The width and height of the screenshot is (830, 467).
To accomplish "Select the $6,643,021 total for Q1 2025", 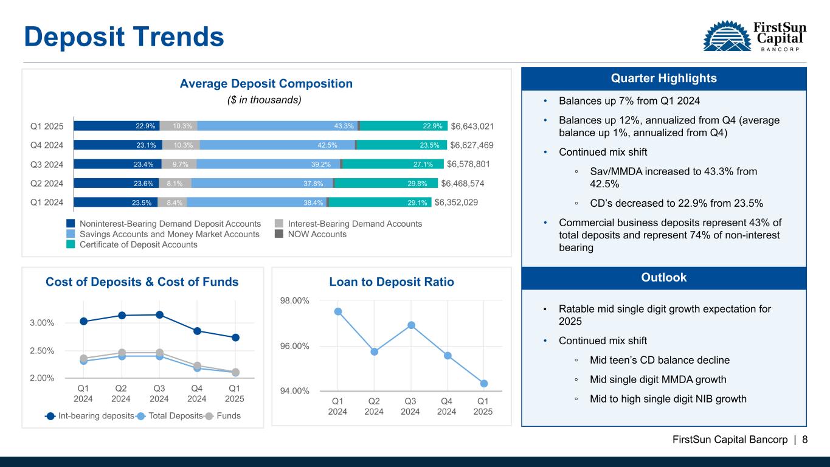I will click(472, 126).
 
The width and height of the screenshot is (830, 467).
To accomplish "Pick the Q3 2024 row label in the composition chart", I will click(47, 164).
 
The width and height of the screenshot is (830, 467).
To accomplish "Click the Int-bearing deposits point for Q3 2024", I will click(159, 314).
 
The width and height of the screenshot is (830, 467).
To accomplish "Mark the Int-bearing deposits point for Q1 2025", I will click(235, 337).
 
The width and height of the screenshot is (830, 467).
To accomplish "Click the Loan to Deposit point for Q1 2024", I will click(338, 311).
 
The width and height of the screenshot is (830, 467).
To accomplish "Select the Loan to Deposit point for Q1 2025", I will click(484, 383).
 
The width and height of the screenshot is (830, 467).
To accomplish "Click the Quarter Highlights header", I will click(663, 78).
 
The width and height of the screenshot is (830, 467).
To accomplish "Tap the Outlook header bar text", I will click(663, 278).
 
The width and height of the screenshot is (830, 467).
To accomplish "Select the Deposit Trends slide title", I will click(124, 36).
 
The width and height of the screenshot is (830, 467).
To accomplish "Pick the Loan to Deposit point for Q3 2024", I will click(411, 325).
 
